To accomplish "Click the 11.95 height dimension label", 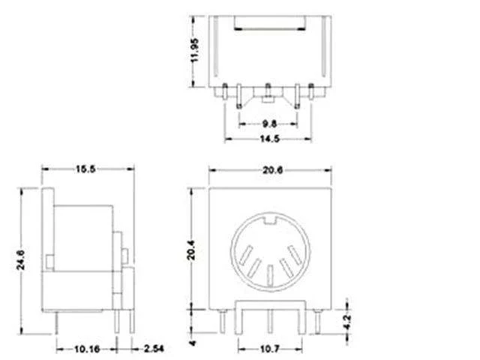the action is (x=194, y=50).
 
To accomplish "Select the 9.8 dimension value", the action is (x=269, y=124).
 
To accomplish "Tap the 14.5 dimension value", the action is (x=270, y=139).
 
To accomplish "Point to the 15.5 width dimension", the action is (x=85, y=169).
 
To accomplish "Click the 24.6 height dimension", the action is (x=20, y=260).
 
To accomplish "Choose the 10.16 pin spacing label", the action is (x=87, y=349).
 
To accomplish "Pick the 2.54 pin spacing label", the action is (x=154, y=348).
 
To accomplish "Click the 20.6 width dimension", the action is (x=272, y=170).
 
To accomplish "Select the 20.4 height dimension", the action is (x=190, y=250).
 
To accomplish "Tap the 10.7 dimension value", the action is (x=270, y=349).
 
